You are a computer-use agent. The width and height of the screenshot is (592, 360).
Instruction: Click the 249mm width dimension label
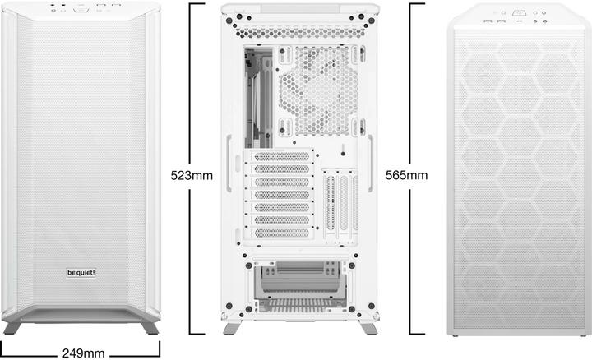pyautogui.click(x=83, y=353)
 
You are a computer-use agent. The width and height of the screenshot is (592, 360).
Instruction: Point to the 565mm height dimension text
pyautogui.click(x=407, y=175)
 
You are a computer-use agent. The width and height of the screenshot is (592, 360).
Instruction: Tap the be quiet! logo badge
pyautogui.click(x=81, y=272)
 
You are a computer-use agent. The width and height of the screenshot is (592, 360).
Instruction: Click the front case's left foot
pyautogui.click(x=12, y=327)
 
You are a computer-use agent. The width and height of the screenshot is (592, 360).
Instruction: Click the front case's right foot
pyautogui.click(x=150, y=327)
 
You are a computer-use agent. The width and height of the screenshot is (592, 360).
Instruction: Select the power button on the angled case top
pyautogui.click(x=521, y=14)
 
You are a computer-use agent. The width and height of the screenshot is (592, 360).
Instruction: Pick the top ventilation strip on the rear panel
pyautogui.click(x=300, y=32)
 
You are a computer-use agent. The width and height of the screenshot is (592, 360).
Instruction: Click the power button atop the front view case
pyautogui.click(x=81, y=11)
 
